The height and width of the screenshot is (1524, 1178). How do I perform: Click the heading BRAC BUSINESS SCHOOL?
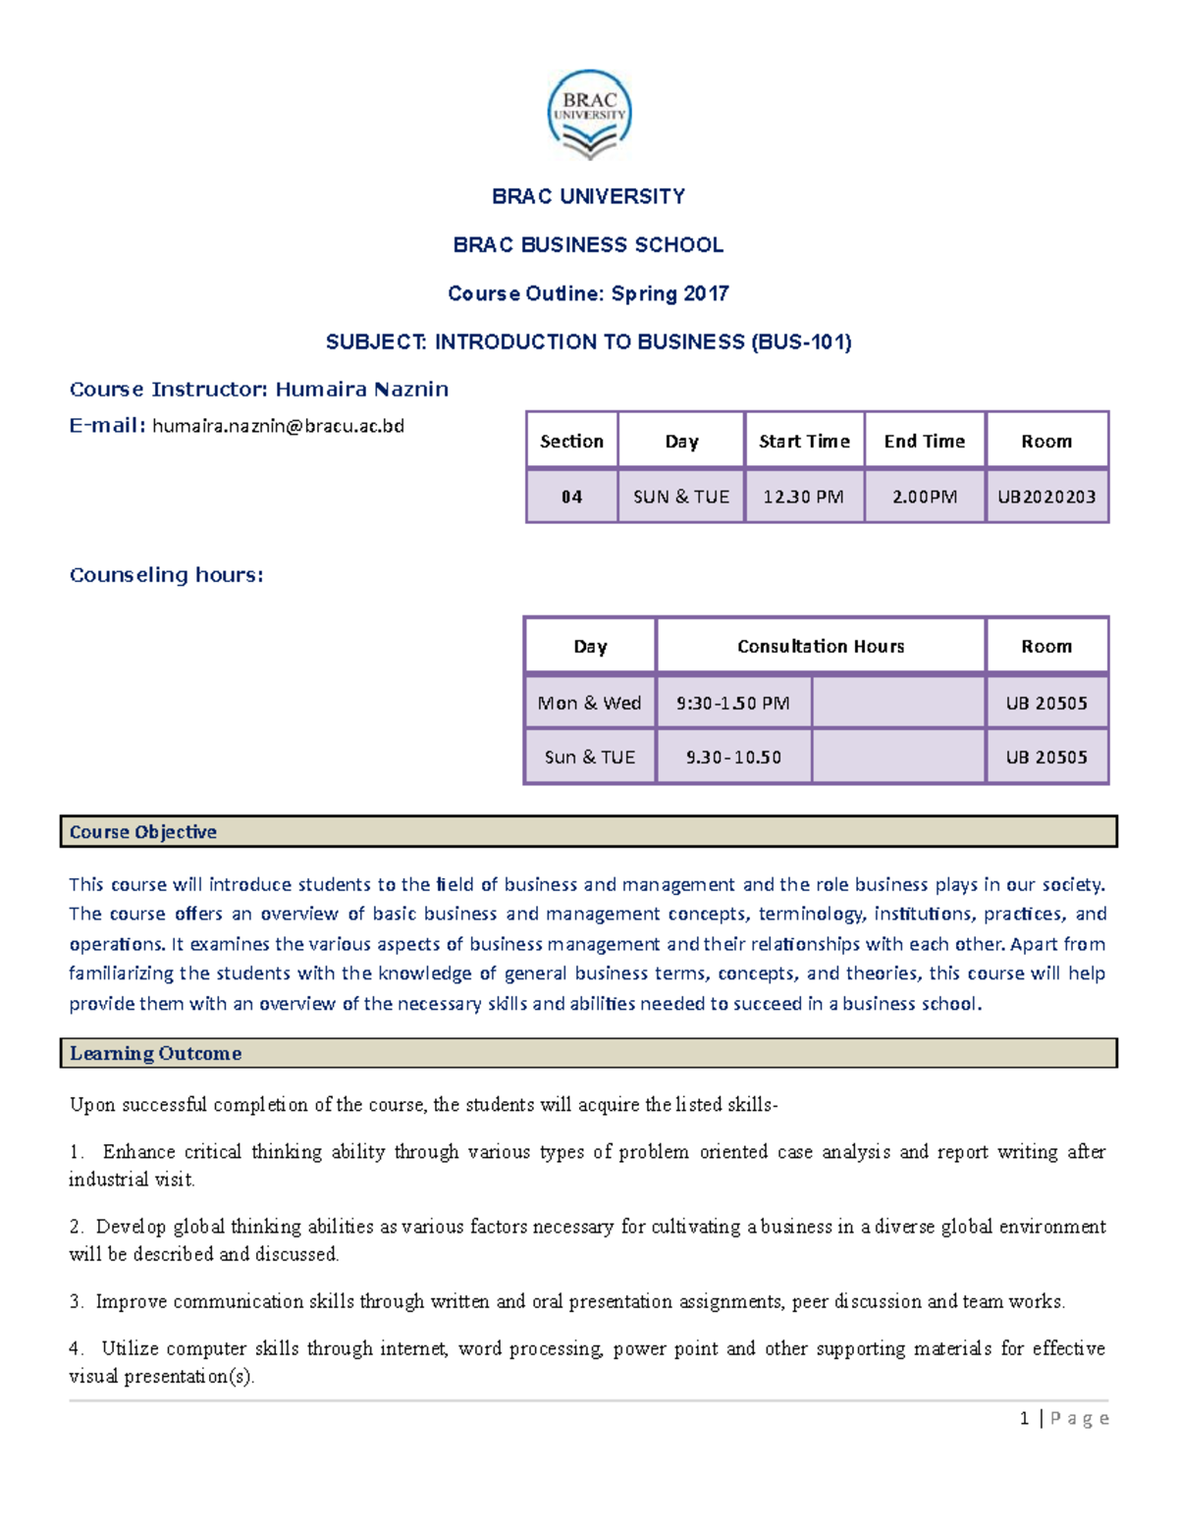click(x=588, y=245)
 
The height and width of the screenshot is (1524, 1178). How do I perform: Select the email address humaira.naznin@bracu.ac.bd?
click(x=278, y=426)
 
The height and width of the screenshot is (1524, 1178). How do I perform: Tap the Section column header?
click(x=571, y=442)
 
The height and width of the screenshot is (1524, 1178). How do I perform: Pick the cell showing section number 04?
click(x=571, y=497)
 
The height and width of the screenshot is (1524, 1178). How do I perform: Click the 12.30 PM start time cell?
click(x=803, y=497)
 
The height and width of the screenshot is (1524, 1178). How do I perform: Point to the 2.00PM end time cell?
click(x=924, y=497)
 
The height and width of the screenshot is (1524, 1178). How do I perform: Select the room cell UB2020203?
click(x=1046, y=497)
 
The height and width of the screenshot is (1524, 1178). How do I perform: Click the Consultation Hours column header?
click(x=821, y=647)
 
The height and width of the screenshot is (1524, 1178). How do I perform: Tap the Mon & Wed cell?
click(x=589, y=703)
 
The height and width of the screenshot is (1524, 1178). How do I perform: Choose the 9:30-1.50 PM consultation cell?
click(x=733, y=703)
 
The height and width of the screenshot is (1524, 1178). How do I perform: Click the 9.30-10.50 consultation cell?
click(x=733, y=757)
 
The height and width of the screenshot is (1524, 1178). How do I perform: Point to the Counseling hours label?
click(x=166, y=575)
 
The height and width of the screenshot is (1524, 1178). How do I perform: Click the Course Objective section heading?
click(x=143, y=832)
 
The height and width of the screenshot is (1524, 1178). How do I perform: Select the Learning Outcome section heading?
click(x=155, y=1053)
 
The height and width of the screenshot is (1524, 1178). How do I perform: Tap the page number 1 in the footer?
click(x=1024, y=1418)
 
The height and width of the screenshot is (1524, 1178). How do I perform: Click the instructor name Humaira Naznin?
click(x=361, y=390)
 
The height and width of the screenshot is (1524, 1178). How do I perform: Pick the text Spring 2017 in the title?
click(x=669, y=293)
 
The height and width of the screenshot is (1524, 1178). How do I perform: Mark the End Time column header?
click(x=924, y=442)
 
